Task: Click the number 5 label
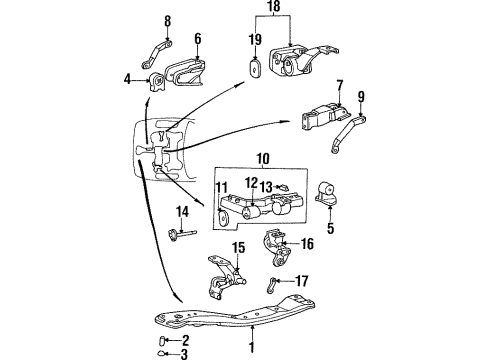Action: [331, 226]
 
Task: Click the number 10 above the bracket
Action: [263, 157]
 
